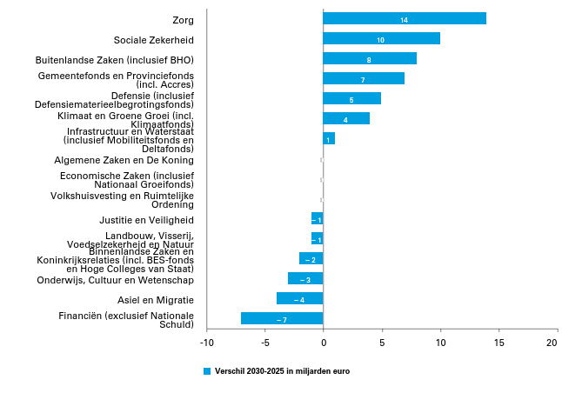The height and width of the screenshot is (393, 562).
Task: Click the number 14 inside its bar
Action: [x=404, y=20]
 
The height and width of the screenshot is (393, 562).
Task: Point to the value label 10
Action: [x=380, y=40]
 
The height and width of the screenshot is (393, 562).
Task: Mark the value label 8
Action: [x=369, y=60]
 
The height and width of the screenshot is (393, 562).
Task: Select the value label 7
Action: [x=363, y=80]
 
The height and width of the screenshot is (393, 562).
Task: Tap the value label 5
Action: [x=351, y=100]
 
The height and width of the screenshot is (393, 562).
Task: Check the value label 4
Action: [x=345, y=120]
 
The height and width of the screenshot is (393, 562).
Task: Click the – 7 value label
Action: [x=282, y=320]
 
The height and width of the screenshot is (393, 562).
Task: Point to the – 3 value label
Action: [x=305, y=280]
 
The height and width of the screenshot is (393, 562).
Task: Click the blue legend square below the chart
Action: [x=207, y=371]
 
